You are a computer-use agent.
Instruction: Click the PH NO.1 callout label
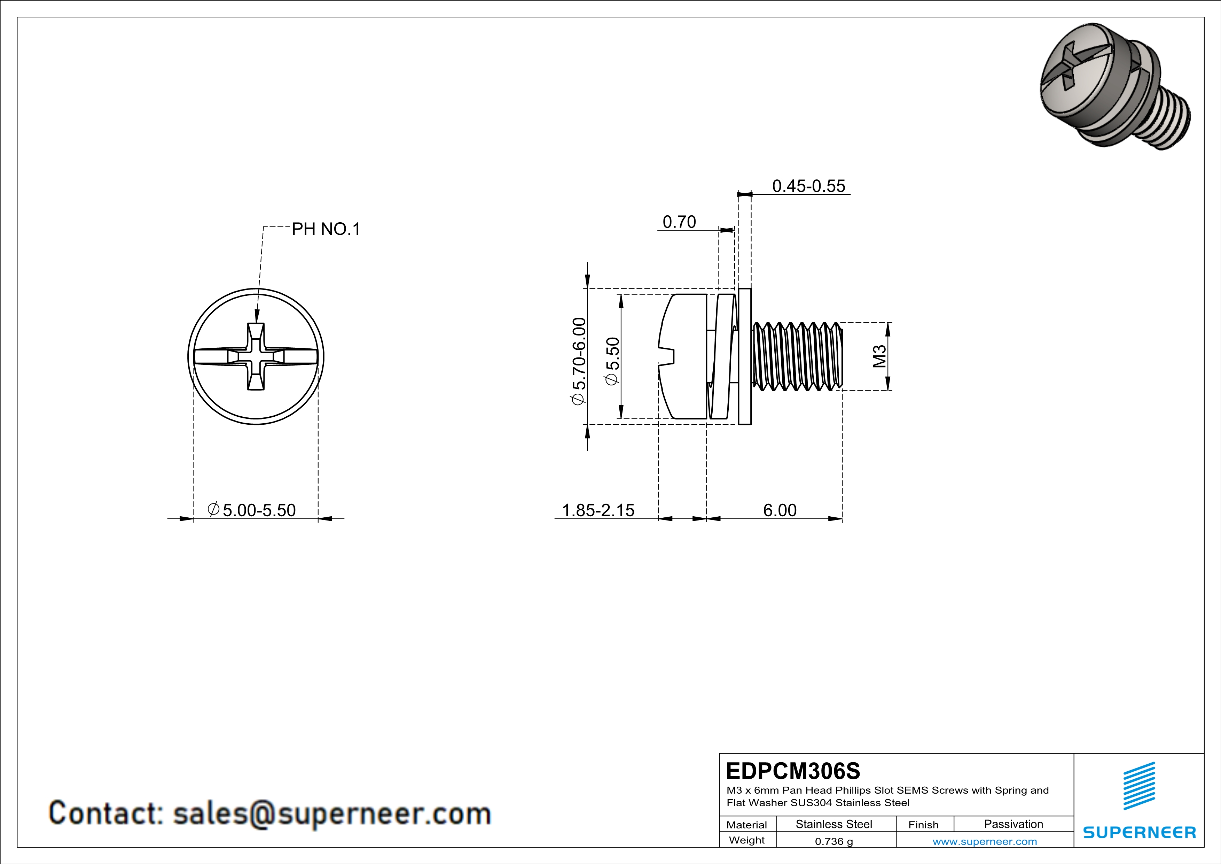pos(326,229)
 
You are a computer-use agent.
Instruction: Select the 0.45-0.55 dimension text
pos(808,186)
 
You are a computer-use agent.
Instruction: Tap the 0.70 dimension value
pos(679,222)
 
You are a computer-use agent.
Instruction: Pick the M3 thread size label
pos(879,356)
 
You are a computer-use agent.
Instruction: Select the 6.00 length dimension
pos(780,510)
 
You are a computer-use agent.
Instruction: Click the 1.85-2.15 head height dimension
pos(598,510)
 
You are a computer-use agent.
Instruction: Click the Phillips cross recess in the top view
pos(256,356)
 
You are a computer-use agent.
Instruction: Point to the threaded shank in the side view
pos(798,356)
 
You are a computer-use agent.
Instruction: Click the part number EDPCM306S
pos(793,771)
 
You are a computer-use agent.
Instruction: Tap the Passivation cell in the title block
pos(1013,824)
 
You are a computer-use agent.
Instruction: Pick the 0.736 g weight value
pos(834,841)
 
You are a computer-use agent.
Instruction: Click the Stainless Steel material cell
pos(834,824)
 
